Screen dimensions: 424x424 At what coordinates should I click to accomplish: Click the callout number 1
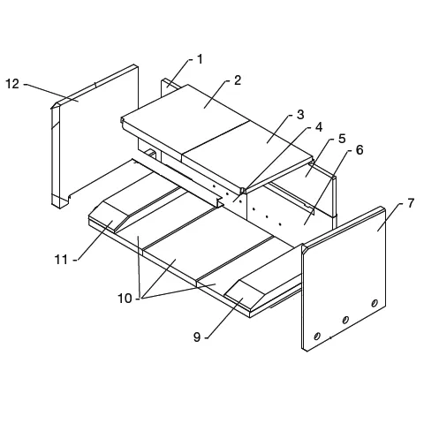click(x=200, y=59)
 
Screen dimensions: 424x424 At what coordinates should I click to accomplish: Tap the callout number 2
click(x=238, y=80)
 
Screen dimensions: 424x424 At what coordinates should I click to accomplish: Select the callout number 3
click(x=300, y=115)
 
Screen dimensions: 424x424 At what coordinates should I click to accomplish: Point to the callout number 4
click(x=319, y=127)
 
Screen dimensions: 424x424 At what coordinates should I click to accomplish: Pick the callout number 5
click(x=342, y=139)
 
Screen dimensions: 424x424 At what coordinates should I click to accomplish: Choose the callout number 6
click(x=360, y=150)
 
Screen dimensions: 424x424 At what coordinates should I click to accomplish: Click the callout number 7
click(x=411, y=203)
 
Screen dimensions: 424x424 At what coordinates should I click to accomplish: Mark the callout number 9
click(x=197, y=337)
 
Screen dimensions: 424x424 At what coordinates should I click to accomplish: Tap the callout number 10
click(x=125, y=299)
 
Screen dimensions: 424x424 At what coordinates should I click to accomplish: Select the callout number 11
click(x=61, y=260)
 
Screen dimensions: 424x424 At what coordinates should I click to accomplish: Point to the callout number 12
click(x=12, y=84)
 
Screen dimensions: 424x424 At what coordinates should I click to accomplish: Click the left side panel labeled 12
click(x=95, y=136)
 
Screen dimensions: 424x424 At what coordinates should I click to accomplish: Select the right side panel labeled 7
click(x=344, y=278)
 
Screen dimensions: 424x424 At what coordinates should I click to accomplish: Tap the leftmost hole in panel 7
click(x=317, y=336)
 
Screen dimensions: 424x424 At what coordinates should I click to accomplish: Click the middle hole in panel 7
click(x=345, y=320)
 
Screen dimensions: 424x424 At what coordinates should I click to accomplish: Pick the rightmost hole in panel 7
click(x=375, y=303)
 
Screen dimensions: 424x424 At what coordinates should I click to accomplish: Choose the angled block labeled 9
click(x=246, y=295)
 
